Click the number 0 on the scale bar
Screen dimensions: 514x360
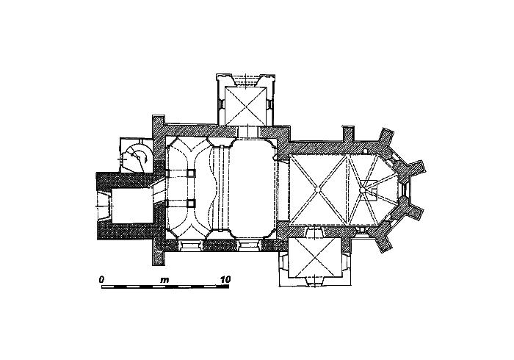click(x=101, y=280)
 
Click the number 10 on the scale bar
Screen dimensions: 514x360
click(x=225, y=280)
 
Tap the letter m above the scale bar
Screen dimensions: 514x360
click(x=164, y=281)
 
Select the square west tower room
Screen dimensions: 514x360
click(x=131, y=206)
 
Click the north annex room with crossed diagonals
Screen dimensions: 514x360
click(x=245, y=106)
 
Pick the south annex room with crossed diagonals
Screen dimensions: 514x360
click(x=315, y=258)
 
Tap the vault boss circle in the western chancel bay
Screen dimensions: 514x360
click(x=317, y=190)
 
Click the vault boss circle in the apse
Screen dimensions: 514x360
click(x=362, y=190)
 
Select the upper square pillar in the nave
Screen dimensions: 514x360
click(x=190, y=173)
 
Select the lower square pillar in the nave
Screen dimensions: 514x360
click(x=190, y=204)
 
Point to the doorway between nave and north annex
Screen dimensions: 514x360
click(x=248, y=132)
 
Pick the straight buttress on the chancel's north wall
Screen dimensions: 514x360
click(x=348, y=134)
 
